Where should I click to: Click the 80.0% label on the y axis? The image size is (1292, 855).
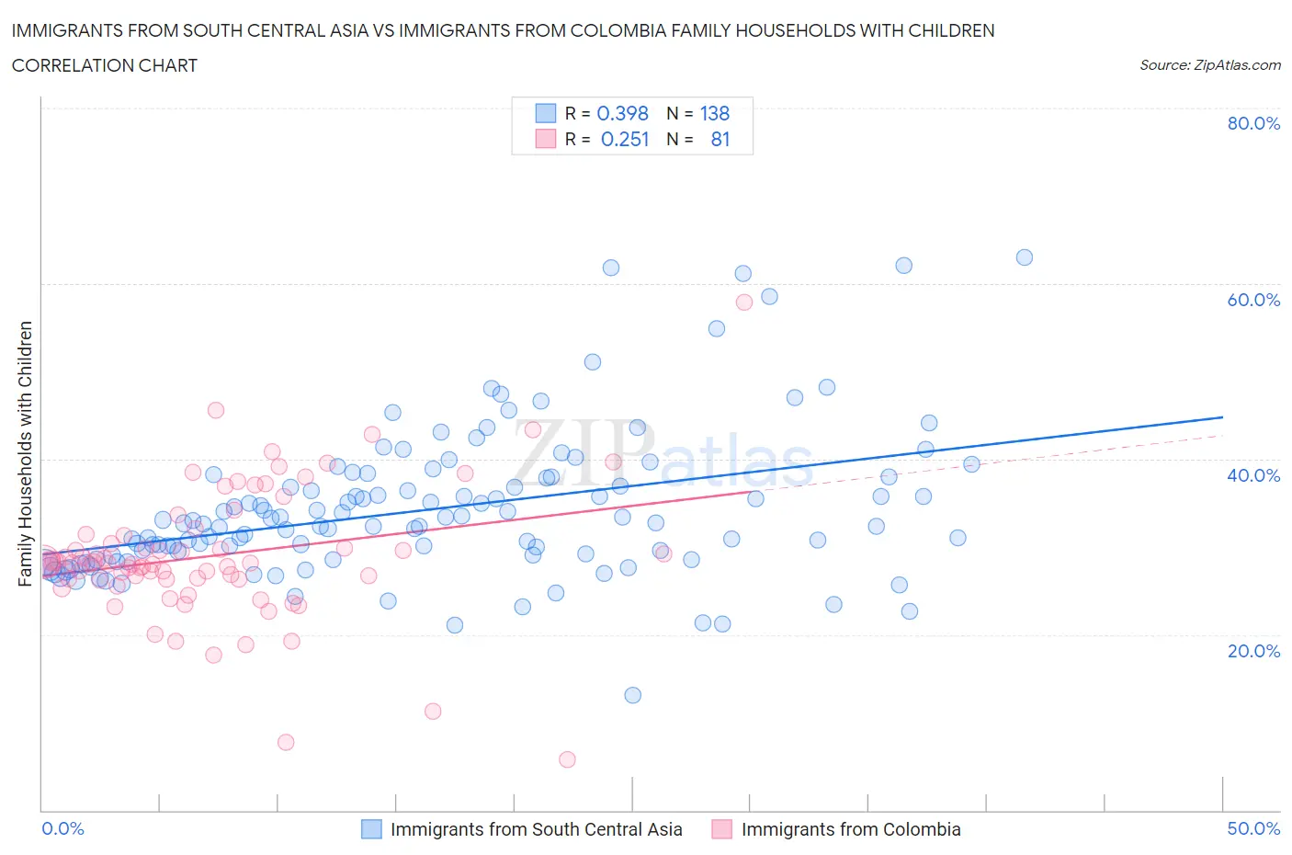(1253, 123)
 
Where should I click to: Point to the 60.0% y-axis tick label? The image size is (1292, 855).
(1253, 300)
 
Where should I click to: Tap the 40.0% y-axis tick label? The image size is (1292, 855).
(1253, 475)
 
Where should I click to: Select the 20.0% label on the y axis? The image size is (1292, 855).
(1253, 651)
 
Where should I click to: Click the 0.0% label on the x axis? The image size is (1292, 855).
(63, 828)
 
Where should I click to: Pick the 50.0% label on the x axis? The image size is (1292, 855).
(1253, 828)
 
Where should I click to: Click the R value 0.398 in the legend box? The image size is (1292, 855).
(622, 113)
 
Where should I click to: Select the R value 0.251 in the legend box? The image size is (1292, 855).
(624, 139)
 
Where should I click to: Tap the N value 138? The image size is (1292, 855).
(714, 113)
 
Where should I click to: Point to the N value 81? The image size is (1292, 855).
(720, 139)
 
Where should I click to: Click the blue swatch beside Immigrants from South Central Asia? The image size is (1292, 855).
(371, 829)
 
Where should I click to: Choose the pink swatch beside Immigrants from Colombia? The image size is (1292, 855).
(722, 829)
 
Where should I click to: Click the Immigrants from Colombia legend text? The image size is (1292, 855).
(850, 829)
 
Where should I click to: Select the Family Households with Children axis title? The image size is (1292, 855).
(25, 453)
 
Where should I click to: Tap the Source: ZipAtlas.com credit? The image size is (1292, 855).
(1209, 64)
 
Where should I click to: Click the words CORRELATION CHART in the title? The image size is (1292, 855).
(105, 65)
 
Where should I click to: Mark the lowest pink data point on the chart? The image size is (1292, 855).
(567, 759)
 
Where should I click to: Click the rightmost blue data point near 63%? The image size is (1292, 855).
(1024, 257)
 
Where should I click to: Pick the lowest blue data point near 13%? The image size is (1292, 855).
(632, 695)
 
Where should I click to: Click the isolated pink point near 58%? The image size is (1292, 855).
(744, 302)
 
